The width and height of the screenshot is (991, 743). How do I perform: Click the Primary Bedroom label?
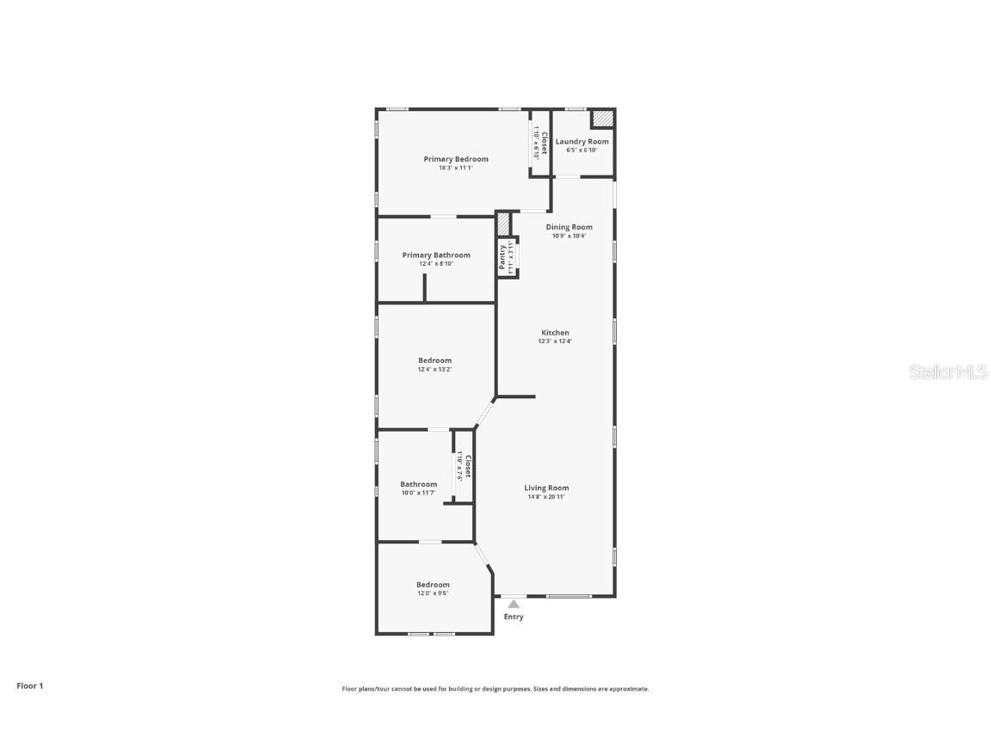(x=455, y=159)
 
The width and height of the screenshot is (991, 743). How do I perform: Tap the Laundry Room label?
(x=582, y=141)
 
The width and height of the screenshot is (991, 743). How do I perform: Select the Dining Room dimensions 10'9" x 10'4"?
(x=569, y=236)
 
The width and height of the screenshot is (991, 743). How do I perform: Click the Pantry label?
(x=502, y=258)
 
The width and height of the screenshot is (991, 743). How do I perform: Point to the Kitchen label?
(x=555, y=333)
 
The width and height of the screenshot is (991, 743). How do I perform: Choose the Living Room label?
(x=546, y=488)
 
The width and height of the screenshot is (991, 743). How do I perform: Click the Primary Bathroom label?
(x=436, y=255)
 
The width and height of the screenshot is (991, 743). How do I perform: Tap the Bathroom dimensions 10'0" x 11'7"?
(x=419, y=493)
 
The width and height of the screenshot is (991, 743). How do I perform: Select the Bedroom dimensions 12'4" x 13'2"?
(x=434, y=369)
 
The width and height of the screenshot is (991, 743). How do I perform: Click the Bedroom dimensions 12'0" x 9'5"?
(x=433, y=593)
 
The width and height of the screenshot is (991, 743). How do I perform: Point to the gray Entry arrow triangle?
(x=514, y=605)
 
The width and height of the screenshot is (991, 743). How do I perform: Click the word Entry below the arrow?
(x=514, y=617)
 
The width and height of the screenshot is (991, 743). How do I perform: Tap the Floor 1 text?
(x=29, y=685)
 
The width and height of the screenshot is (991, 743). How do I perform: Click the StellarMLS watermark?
(x=949, y=371)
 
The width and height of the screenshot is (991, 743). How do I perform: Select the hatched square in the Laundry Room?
(x=602, y=118)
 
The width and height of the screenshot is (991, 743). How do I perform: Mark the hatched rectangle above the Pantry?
(x=502, y=224)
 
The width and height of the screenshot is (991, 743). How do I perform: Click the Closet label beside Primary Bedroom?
(x=544, y=142)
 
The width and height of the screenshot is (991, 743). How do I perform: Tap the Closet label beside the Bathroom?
(x=467, y=466)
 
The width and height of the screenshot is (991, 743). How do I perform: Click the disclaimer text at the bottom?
(x=495, y=689)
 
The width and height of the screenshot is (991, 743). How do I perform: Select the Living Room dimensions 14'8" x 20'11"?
(x=546, y=496)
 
